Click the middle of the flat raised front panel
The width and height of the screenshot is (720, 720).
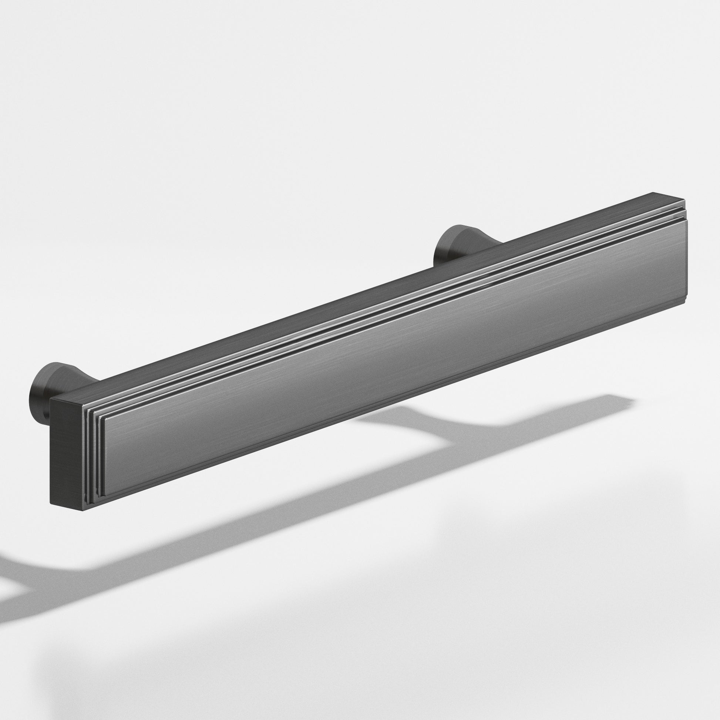point(395,343)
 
